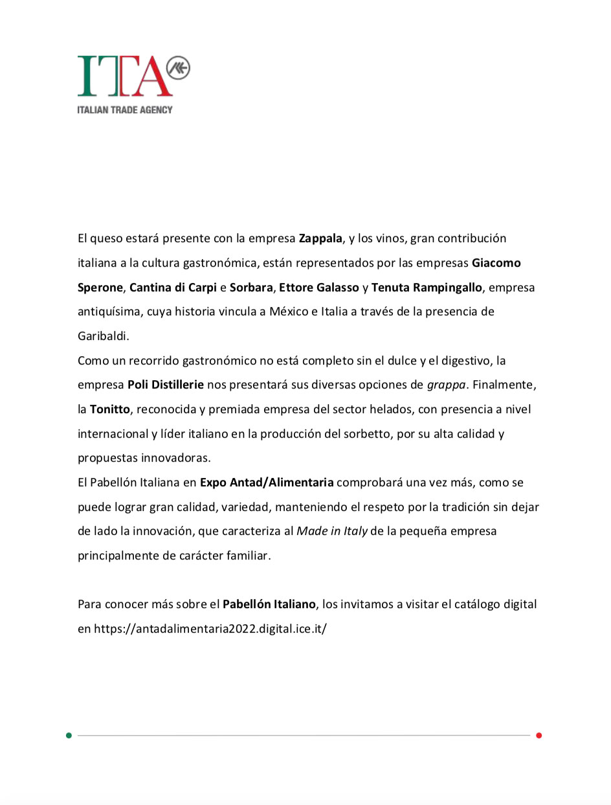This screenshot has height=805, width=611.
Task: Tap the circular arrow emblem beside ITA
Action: click(179, 68)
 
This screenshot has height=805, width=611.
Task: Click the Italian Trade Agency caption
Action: click(125, 109)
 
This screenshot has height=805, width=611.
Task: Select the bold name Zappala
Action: click(320, 238)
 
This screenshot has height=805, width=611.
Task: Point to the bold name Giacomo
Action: click(496, 263)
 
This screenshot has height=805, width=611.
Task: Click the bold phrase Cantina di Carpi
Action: click(173, 288)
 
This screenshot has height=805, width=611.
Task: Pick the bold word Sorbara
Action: click(251, 288)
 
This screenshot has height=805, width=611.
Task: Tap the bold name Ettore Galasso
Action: click(318, 288)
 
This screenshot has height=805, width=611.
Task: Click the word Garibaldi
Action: click(104, 336)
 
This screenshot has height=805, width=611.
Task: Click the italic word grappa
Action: click(447, 385)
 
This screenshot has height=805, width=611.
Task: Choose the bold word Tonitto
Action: click(109, 409)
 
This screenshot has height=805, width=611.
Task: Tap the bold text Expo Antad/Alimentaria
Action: click(267, 482)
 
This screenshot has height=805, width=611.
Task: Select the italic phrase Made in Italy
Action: click(332, 531)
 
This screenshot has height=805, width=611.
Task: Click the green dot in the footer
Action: click(69, 735)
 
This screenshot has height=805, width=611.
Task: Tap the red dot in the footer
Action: click(539, 735)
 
